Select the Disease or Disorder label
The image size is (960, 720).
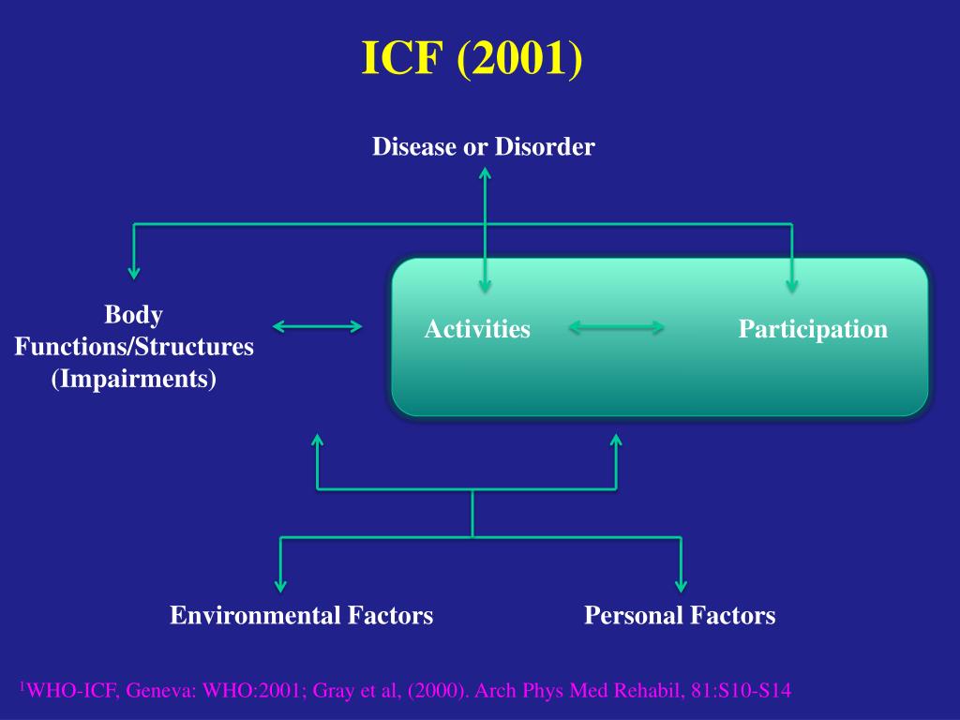point(483,147)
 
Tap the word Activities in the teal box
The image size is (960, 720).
point(477,329)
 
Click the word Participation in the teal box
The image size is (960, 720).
point(812,329)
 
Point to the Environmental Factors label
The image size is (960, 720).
point(301,615)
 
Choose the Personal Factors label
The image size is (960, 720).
point(680,615)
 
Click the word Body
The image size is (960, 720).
point(133,314)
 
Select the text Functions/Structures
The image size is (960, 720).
point(134,347)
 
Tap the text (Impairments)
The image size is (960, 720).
point(134,380)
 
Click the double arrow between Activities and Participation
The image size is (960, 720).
point(617,327)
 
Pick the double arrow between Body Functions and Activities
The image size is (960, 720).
point(317,326)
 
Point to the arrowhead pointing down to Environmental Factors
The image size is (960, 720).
point(280,585)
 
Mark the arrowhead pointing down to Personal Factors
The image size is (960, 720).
point(681,585)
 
